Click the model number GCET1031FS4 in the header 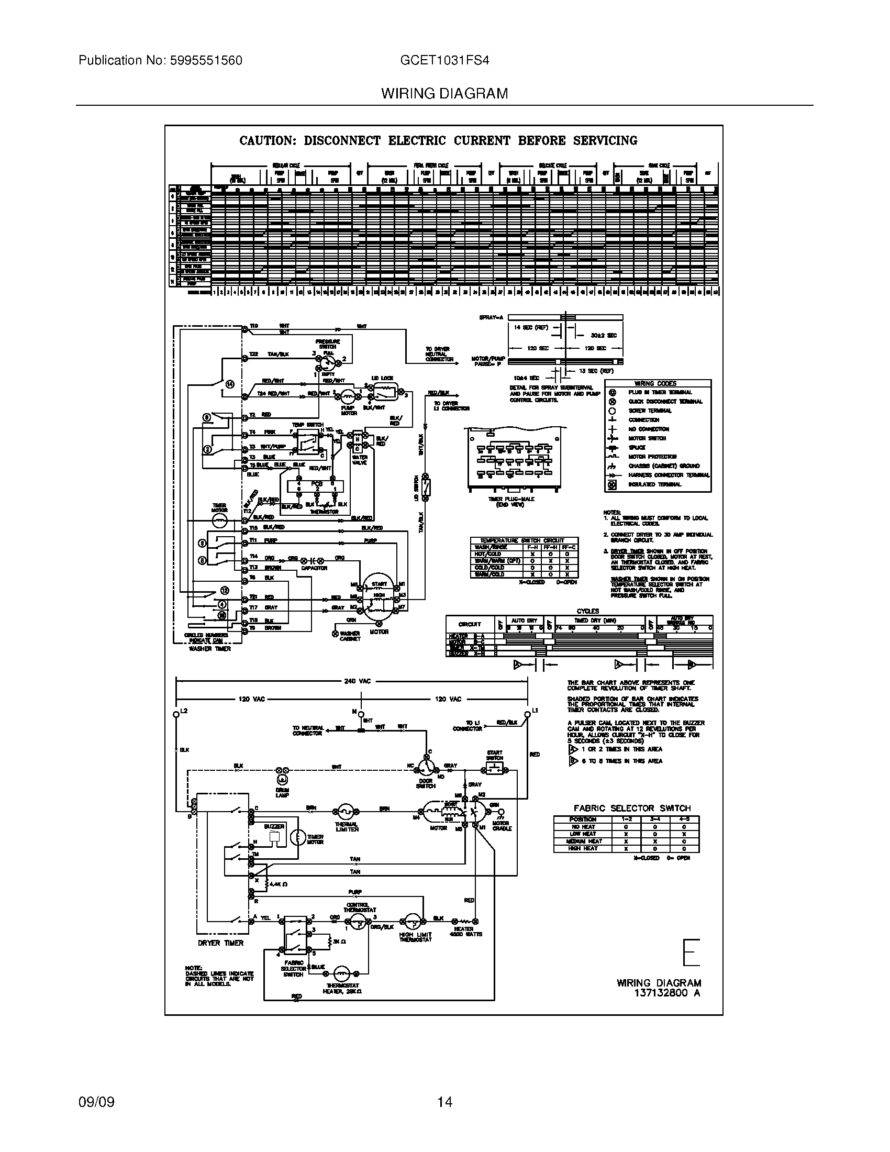(444, 60)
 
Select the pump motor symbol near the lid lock (348, 397)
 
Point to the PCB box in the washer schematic (316, 486)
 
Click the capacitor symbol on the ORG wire (311, 559)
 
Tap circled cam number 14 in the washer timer (229, 384)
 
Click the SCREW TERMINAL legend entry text (650, 411)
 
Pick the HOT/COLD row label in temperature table (490, 554)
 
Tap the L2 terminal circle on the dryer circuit (176, 715)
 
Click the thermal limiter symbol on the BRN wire (346, 812)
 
